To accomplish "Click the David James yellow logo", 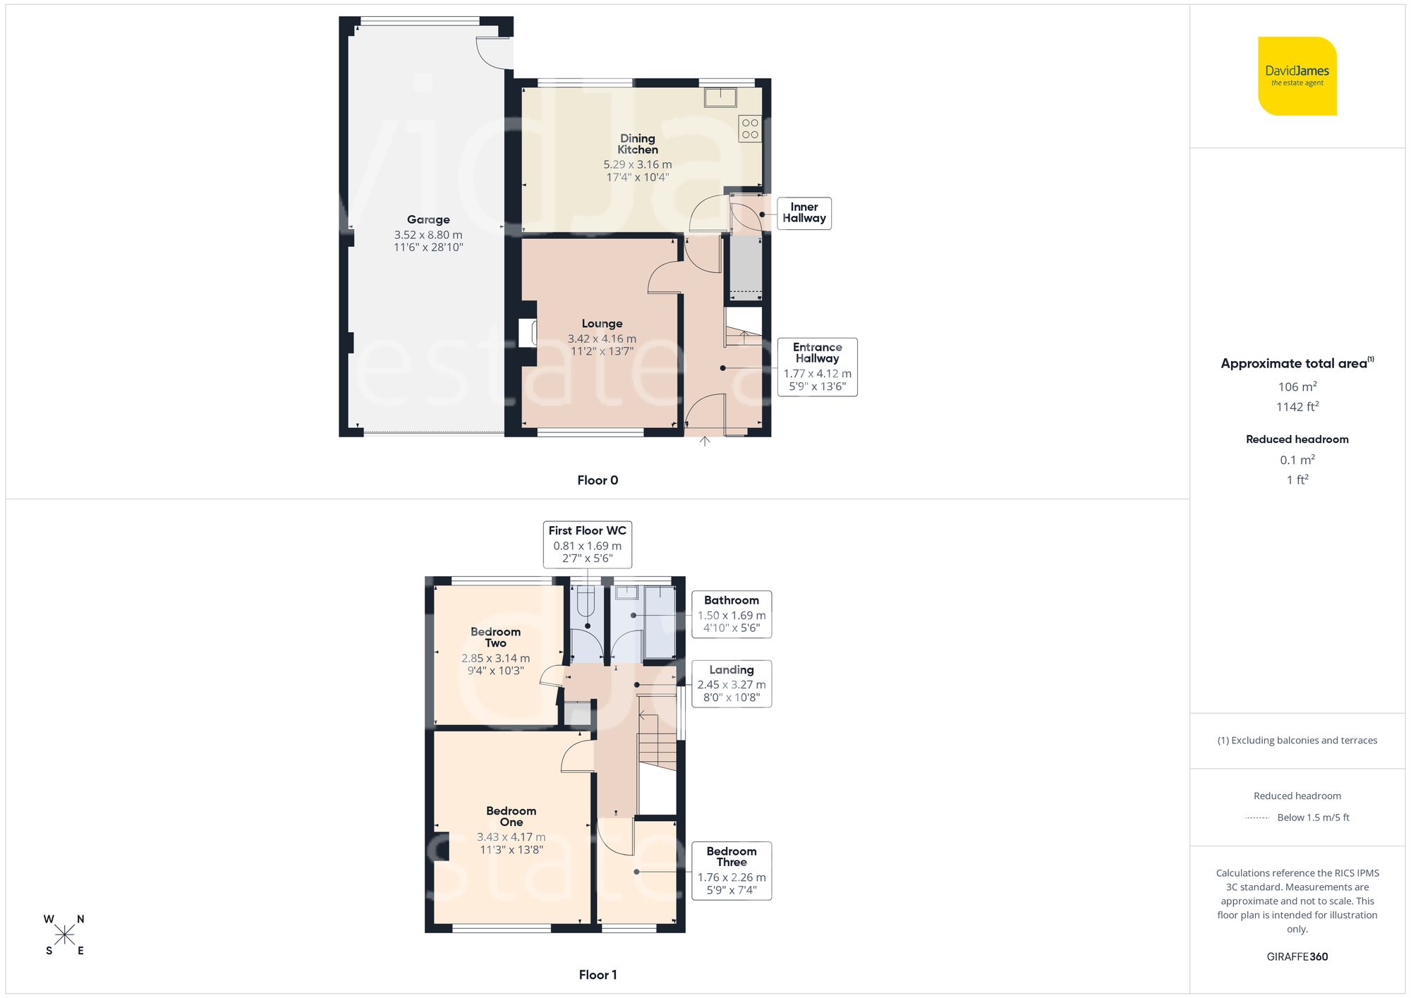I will click(1297, 76).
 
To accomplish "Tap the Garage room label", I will click(428, 220).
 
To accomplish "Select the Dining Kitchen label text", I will click(638, 145).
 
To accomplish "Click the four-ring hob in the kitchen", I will click(750, 128).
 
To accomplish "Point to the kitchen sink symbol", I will click(720, 97).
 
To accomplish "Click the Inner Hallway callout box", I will click(804, 213).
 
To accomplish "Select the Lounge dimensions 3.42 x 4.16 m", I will click(602, 339).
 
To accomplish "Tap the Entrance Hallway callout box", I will click(817, 367).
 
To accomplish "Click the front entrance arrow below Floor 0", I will click(704, 442).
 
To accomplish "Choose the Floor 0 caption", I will click(598, 480).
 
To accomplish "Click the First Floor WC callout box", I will click(587, 544).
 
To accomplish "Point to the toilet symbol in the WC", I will click(587, 603).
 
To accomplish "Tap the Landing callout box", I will click(731, 683).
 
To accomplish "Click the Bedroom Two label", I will click(495, 638).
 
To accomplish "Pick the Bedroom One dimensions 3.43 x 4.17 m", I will click(511, 837).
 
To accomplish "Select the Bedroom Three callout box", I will click(731, 870).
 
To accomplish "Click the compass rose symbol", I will click(64, 935).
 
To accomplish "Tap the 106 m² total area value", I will click(1297, 387).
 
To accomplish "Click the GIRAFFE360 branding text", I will click(1297, 957).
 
